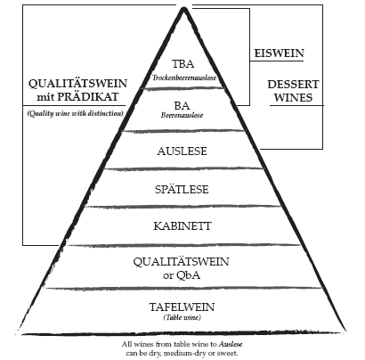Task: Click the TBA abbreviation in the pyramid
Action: point(183,64)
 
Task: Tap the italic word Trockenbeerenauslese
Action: point(184,78)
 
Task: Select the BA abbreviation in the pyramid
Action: point(182,105)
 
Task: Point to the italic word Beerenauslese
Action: point(182,115)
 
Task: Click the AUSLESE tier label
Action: point(182,151)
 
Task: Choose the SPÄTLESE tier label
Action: point(182,189)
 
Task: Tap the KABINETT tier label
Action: point(182,226)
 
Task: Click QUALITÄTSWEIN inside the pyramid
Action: point(181,262)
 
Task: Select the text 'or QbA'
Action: point(182,275)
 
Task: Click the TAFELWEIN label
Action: point(182,307)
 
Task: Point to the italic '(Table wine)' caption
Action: point(182,317)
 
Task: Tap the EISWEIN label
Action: point(280,53)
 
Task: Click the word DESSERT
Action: point(293,85)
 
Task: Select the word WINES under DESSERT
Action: point(293,98)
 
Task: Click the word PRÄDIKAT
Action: point(88,97)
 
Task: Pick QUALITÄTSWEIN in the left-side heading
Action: point(77,84)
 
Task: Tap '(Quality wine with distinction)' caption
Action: point(76,113)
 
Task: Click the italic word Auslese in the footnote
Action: point(231,344)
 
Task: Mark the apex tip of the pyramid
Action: point(183,8)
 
